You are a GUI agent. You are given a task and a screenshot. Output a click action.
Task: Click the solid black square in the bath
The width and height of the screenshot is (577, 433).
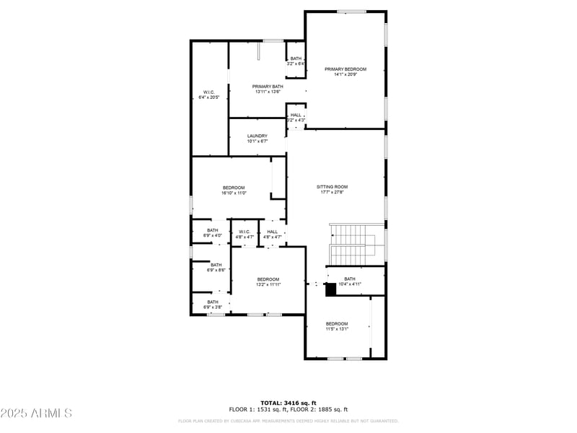[331, 290]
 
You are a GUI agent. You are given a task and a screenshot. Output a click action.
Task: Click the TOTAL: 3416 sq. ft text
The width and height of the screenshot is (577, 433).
[288, 403]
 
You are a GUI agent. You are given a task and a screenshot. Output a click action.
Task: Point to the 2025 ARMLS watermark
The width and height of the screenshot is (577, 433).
[36, 413]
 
